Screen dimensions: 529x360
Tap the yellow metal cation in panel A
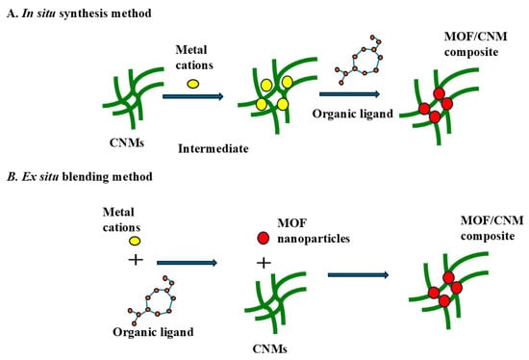point(193,84)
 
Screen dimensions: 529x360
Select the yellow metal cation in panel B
point(135,241)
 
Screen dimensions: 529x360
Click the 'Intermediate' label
point(214,148)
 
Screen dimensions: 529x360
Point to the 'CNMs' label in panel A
point(127,142)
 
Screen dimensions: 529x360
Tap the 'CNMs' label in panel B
point(270,348)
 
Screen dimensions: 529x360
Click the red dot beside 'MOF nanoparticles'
point(264,238)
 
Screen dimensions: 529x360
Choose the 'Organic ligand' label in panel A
point(353,114)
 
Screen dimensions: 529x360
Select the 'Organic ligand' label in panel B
point(153,332)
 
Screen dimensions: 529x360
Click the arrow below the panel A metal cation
point(193,96)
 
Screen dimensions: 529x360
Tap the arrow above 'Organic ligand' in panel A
point(349,94)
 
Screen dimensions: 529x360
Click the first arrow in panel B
point(187,263)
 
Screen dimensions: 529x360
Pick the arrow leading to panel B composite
point(359,275)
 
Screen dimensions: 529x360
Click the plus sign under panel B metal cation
point(136,260)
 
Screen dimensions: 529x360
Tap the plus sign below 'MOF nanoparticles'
point(264,263)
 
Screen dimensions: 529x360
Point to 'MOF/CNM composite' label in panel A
point(476,44)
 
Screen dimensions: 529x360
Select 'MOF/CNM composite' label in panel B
point(491,228)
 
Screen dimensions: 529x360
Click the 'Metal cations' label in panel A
point(194,58)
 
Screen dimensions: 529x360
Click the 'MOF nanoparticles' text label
point(314,231)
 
